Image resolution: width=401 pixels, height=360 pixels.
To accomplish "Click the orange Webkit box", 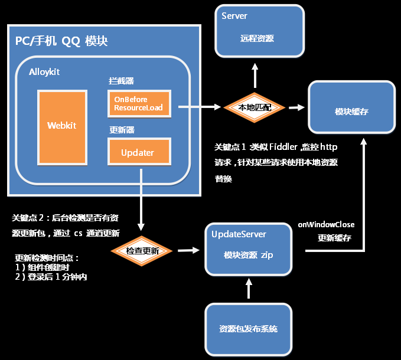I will (62, 125).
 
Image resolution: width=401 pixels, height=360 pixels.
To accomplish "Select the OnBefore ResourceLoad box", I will (139, 104).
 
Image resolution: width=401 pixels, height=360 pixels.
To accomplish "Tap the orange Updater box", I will (139, 152).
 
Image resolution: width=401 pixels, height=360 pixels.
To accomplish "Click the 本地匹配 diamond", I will (255, 107).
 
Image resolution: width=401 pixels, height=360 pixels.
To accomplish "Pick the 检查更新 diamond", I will (142, 251).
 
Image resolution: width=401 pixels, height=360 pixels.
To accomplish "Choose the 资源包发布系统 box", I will (248, 328).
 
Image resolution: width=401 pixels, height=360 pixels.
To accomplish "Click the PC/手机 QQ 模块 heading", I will (61, 41).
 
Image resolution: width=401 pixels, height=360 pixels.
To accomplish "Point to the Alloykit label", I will (45, 71).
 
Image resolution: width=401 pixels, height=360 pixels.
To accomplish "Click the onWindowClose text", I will (326, 225).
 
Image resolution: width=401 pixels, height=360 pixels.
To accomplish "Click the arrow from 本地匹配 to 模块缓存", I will (296, 107).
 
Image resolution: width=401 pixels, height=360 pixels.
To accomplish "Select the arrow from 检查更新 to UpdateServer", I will (188, 250).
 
